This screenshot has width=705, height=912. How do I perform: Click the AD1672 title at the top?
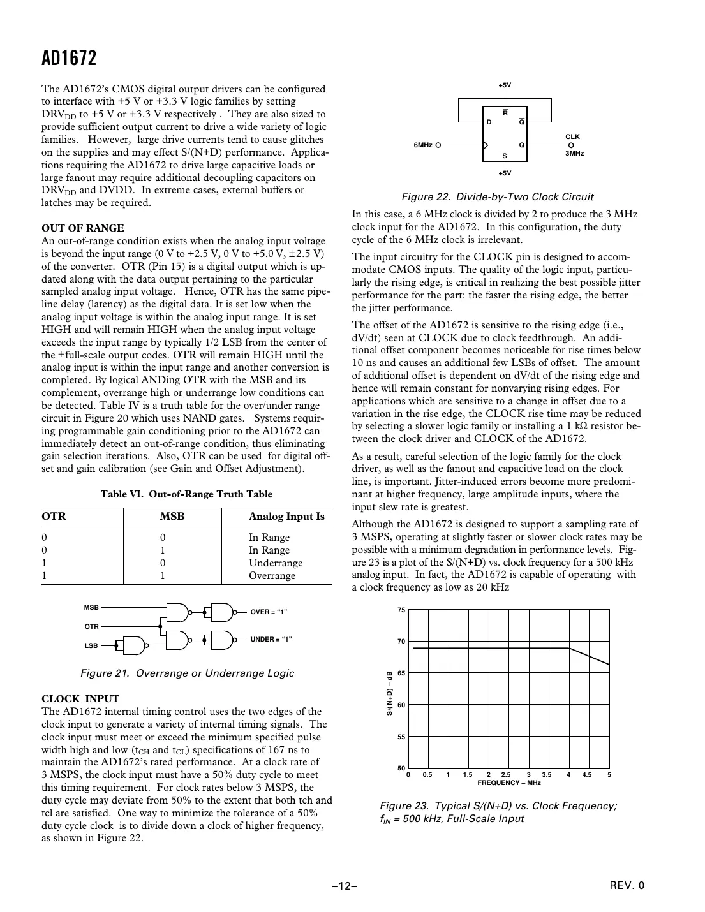click(x=69, y=59)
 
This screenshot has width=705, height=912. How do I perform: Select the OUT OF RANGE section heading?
click(x=82, y=228)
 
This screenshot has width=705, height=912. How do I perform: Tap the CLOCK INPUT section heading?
click(x=80, y=699)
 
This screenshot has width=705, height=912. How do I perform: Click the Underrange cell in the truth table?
click(x=275, y=563)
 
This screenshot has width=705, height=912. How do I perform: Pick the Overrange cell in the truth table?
click(x=272, y=575)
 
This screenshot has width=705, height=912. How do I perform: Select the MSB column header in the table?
click(x=172, y=517)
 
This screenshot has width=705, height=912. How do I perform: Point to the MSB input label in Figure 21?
click(x=91, y=608)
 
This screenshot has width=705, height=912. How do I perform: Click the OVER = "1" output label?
click(x=269, y=612)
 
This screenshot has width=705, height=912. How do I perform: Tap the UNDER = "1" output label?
click(x=271, y=639)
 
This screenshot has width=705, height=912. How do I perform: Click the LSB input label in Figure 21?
click(x=91, y=645)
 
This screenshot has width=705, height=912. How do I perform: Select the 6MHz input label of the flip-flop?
click(x=422, y=145)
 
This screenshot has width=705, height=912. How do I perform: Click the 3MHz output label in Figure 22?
click(x=574, y=154)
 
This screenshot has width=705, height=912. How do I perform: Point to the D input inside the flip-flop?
click(x=489, y=121)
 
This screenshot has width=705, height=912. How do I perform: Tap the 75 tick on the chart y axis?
click(x=401, y=610)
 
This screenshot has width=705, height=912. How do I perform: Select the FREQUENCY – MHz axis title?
click(x=508, y=783)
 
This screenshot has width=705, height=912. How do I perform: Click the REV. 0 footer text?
click(x=627, y=885)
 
